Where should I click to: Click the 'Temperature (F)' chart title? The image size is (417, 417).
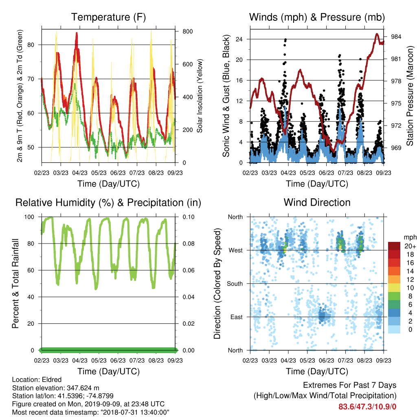[x=108, y=17]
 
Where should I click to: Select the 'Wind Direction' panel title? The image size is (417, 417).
[x=317, y=202]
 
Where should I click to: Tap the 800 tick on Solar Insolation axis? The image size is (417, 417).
[x=187, y=31]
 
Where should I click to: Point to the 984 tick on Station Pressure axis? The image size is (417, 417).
[x=396, y=37]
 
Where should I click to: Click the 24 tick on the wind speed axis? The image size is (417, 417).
[x=239, y=40]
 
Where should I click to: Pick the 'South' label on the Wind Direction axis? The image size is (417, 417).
[x=235, y=284]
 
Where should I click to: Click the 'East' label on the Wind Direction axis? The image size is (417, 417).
[x=237, y=317]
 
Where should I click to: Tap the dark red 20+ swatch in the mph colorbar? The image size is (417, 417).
[x=394, y=246]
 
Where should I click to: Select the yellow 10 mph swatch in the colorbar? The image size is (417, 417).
[x=394, y=288]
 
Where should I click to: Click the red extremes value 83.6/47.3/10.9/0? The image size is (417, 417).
[x=367, y=407]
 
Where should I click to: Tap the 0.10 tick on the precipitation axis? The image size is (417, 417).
[x=189, y=217]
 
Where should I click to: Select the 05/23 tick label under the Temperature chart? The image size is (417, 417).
[x=99, y=173]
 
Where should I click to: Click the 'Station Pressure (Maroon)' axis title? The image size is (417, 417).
[x=410, y=96]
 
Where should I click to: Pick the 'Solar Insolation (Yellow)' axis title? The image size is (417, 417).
[x=200, y=96]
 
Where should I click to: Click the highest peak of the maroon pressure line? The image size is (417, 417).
[x=377, y=34]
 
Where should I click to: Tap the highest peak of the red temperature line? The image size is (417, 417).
[x=77, y=33]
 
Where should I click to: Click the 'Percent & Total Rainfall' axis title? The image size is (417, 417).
[x=15, y=283]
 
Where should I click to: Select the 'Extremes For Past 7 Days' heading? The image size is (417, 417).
[x=350, y=385]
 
